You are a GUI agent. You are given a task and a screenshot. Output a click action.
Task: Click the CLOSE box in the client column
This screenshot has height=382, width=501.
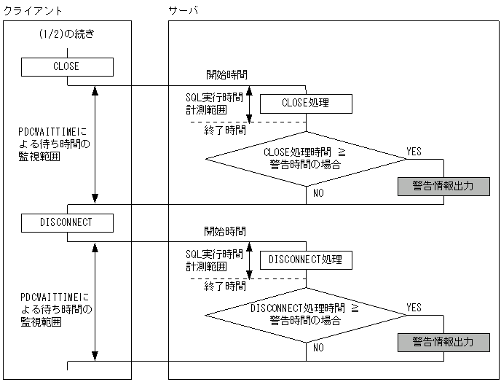(67, 67)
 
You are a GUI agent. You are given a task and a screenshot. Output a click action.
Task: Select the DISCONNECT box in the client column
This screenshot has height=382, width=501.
(67, 222)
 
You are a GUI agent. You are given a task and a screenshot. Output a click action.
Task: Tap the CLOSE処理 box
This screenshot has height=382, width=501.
(306, 104)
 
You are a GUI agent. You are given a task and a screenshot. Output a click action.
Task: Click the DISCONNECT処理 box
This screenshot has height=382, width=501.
(306, 260)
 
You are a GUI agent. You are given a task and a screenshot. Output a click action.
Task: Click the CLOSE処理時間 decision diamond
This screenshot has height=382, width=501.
(306, 159)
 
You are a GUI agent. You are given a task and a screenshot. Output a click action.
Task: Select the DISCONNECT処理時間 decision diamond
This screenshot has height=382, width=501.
(306, 314)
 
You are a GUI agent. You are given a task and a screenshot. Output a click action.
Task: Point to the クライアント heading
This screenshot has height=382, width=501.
(33, 10)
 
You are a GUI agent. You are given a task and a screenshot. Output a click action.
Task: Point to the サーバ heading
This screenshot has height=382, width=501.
(183, 10)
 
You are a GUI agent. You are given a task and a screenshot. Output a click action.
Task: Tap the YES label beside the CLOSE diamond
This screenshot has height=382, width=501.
(414, 152)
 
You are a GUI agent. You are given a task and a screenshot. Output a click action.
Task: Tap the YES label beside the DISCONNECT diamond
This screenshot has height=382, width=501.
(414, 308)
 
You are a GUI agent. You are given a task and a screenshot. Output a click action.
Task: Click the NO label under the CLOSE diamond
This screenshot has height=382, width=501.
(318, 193)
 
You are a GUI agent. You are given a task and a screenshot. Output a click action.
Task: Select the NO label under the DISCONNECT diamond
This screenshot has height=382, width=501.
(318, 348)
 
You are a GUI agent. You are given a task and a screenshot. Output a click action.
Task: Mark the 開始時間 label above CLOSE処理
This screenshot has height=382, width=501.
(224, 75)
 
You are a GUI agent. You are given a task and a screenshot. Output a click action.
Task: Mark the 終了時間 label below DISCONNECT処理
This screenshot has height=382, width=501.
(224, 286)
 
